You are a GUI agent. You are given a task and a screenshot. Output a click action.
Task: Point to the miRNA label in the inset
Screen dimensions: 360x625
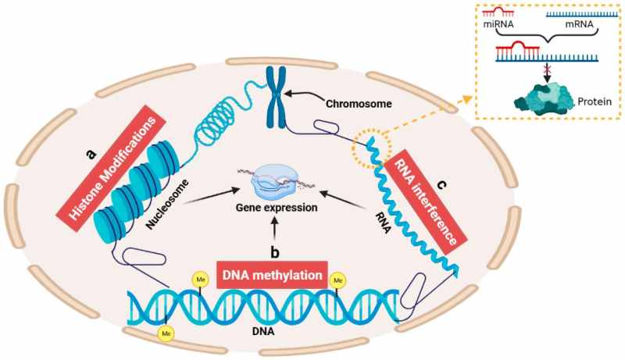point(498,26)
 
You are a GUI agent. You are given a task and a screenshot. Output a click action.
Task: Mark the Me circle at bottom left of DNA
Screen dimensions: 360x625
point(166,334)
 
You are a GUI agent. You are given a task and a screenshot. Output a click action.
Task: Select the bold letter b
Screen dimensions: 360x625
point(274,251)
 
